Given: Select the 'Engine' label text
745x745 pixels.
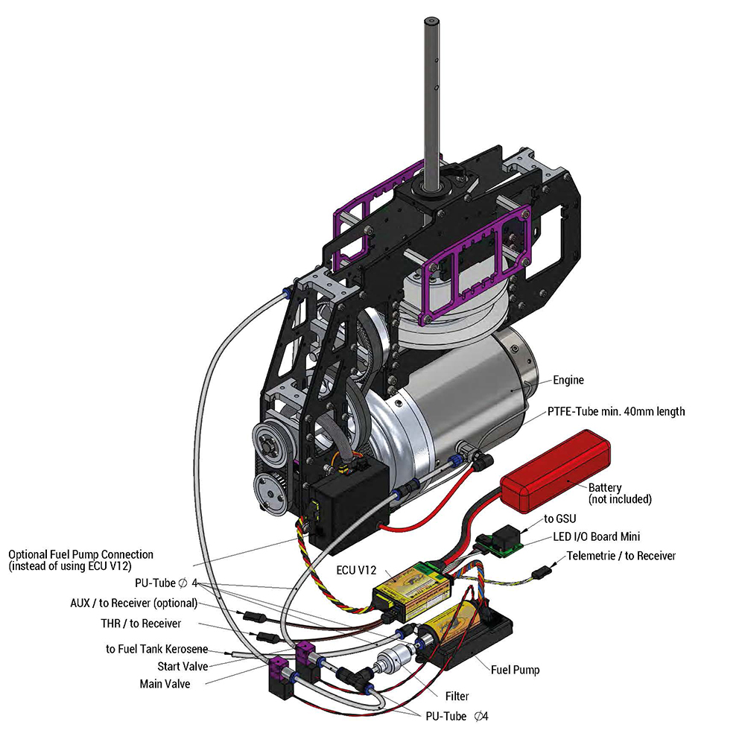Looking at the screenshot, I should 568,380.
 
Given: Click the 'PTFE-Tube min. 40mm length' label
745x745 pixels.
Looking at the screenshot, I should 616,411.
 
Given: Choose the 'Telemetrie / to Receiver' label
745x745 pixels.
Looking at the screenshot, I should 621,556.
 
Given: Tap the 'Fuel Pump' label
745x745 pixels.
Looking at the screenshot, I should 515,670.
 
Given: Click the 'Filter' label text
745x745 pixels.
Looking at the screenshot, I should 457,697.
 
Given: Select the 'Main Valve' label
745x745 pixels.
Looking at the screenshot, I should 165,683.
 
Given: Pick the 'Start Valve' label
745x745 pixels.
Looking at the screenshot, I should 183,666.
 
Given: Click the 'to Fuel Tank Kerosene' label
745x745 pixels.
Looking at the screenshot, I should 156,649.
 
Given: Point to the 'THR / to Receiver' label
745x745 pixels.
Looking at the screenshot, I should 141,623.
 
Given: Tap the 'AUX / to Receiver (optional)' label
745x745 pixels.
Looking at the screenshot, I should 132,603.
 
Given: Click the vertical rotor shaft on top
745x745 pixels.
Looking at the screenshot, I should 431,89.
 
